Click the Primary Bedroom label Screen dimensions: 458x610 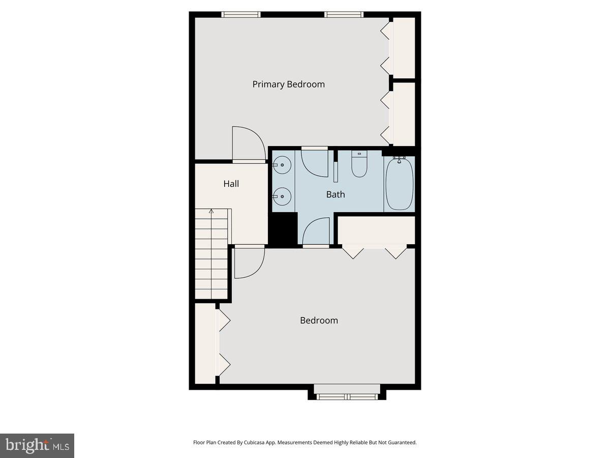[x=288, y=84]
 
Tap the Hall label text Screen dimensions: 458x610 [x=231, y=184]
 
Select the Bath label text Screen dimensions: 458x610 [x=335, y=194]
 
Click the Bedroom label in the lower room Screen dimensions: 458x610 [x=319, y=320]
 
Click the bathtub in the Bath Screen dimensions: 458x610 [x=400, y=184]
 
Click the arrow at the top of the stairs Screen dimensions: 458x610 [x=211, y=211]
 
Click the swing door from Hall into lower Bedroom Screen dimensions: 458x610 [x=249, y=263]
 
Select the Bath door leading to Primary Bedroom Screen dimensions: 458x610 [x=315, y=162]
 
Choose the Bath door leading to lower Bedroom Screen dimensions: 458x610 [x=316, y=232]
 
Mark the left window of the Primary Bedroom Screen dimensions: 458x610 [x=241, y=14]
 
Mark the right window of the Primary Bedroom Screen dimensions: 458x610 [x=344, y=14]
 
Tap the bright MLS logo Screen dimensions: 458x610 [x=37, y=446]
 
